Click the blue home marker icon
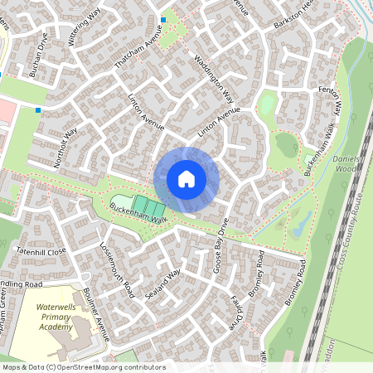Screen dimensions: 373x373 [186, 178]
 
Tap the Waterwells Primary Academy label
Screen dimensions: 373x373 [56, 317]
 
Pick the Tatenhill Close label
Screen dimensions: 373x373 [39, 250]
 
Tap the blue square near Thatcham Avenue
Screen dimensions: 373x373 [163, 20]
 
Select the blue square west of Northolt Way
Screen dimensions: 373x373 [38, 109]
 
